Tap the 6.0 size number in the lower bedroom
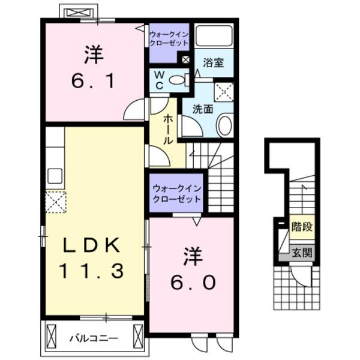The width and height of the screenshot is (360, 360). point(193,282)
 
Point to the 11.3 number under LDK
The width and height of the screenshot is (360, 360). point(92,271)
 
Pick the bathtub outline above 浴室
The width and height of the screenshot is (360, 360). point(214,37)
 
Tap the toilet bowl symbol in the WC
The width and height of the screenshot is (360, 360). point(178,79)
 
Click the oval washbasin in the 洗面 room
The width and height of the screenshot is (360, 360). point(224,125)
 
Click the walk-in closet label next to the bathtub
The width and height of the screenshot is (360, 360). point(169,39)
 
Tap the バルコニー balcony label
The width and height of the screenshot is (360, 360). point(93,338)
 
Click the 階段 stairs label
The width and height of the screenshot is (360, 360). point(302,227)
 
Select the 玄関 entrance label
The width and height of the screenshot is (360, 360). point(302,253)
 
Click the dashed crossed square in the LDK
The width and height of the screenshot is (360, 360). point(56,202)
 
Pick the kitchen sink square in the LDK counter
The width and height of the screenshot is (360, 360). point(55,176)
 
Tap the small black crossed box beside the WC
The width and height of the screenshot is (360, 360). point(185,60)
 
